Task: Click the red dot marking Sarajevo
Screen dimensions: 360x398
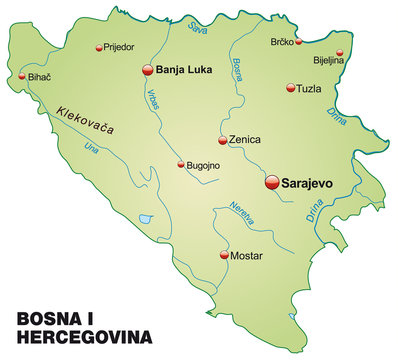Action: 271,182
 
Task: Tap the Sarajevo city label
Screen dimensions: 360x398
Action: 309,183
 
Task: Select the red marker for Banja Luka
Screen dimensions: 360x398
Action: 148,69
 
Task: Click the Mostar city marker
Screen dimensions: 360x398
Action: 223,255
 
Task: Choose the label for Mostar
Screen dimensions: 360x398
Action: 247,256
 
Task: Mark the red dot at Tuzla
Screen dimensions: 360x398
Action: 290,87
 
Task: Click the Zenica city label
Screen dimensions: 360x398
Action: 244,140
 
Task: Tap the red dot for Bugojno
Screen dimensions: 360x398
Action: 181,165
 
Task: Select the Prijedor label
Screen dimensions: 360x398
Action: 118,47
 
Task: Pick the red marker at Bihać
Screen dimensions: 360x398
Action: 21,76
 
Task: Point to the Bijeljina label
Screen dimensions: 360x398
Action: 329,60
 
